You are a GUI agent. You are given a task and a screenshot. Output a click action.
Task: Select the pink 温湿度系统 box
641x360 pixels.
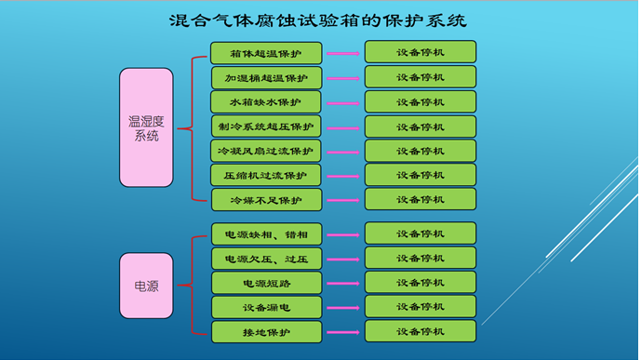(x=146, y=127)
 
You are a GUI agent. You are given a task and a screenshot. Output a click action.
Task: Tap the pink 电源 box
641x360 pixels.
(x=146, y=286)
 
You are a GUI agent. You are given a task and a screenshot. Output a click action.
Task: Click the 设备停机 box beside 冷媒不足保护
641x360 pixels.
(x=420, y=199)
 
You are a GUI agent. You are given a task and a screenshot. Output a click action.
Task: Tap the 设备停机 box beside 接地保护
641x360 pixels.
(x=420, y=331)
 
